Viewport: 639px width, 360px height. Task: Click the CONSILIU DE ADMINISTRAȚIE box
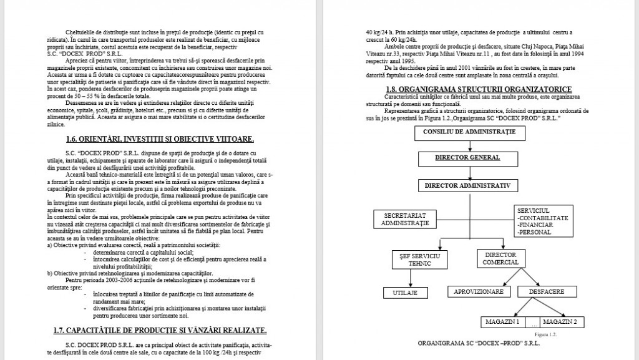pyautogui.click(x=469, y=134)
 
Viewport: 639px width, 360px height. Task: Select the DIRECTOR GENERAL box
pyautogui.click(x=469, y=158)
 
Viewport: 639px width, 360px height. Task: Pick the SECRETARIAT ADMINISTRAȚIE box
pyautogui.click(x=405, y=219)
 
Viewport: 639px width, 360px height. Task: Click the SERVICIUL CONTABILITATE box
pyautogui.click(x=542, y=221)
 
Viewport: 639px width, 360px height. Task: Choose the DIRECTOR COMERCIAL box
pyautogui.click(x=500, y=259)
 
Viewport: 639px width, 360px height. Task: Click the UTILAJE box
pyautogui.click(x=404, y=292)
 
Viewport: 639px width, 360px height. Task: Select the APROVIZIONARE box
pyautogui.click(x=479, y=291)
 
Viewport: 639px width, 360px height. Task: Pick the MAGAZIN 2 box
pyautogui.click(x=563, y=322)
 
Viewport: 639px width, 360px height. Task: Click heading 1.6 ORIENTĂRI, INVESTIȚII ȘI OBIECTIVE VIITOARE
pyautogui.click(x=160, y=155)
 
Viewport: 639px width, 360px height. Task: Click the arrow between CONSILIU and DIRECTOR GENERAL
pyautogui.click(x=469, y=145)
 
